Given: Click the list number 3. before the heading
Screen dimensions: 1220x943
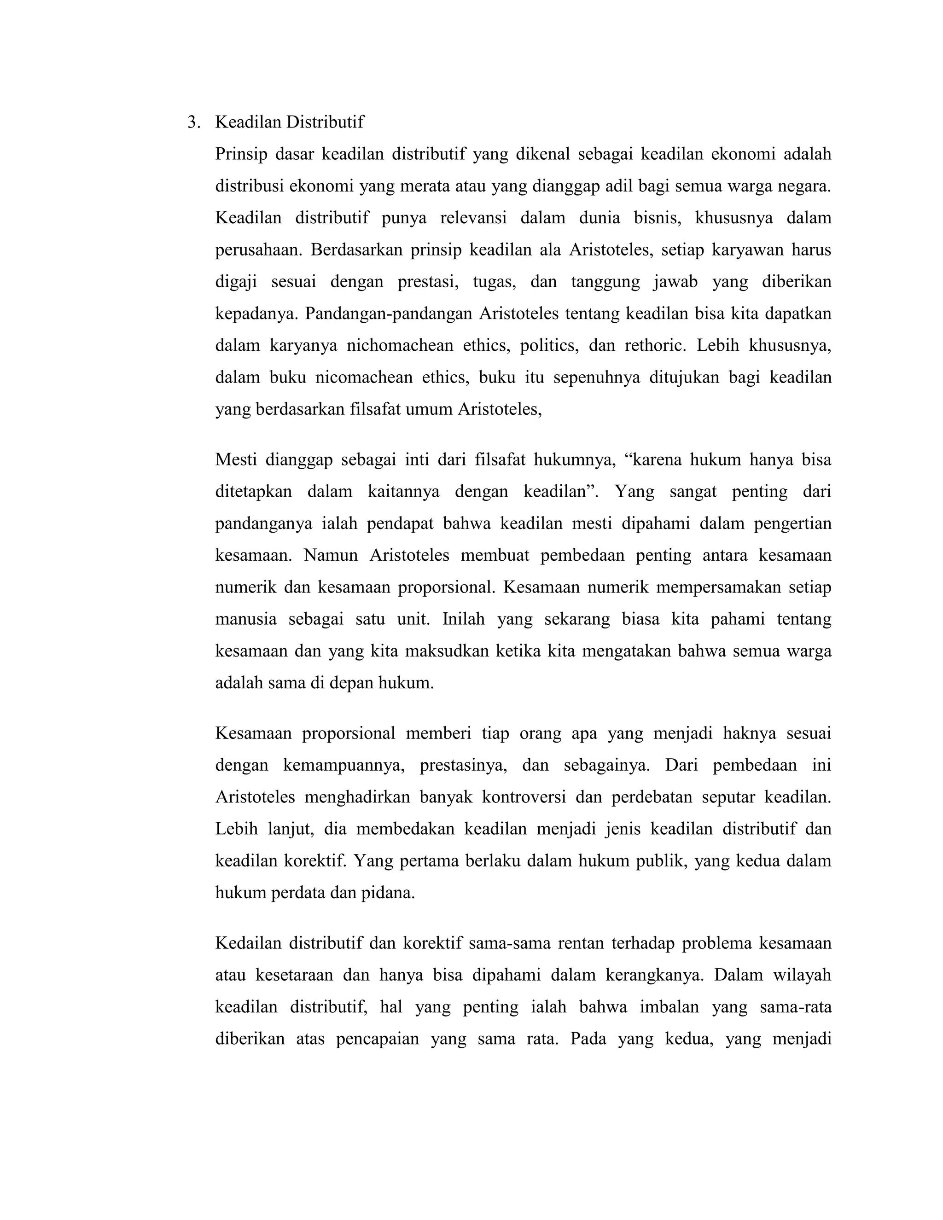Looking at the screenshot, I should pos(193,122).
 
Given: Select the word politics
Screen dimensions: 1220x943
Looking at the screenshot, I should pos(548,346).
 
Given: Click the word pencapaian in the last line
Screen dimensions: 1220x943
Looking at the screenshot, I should pos(377,1039).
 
